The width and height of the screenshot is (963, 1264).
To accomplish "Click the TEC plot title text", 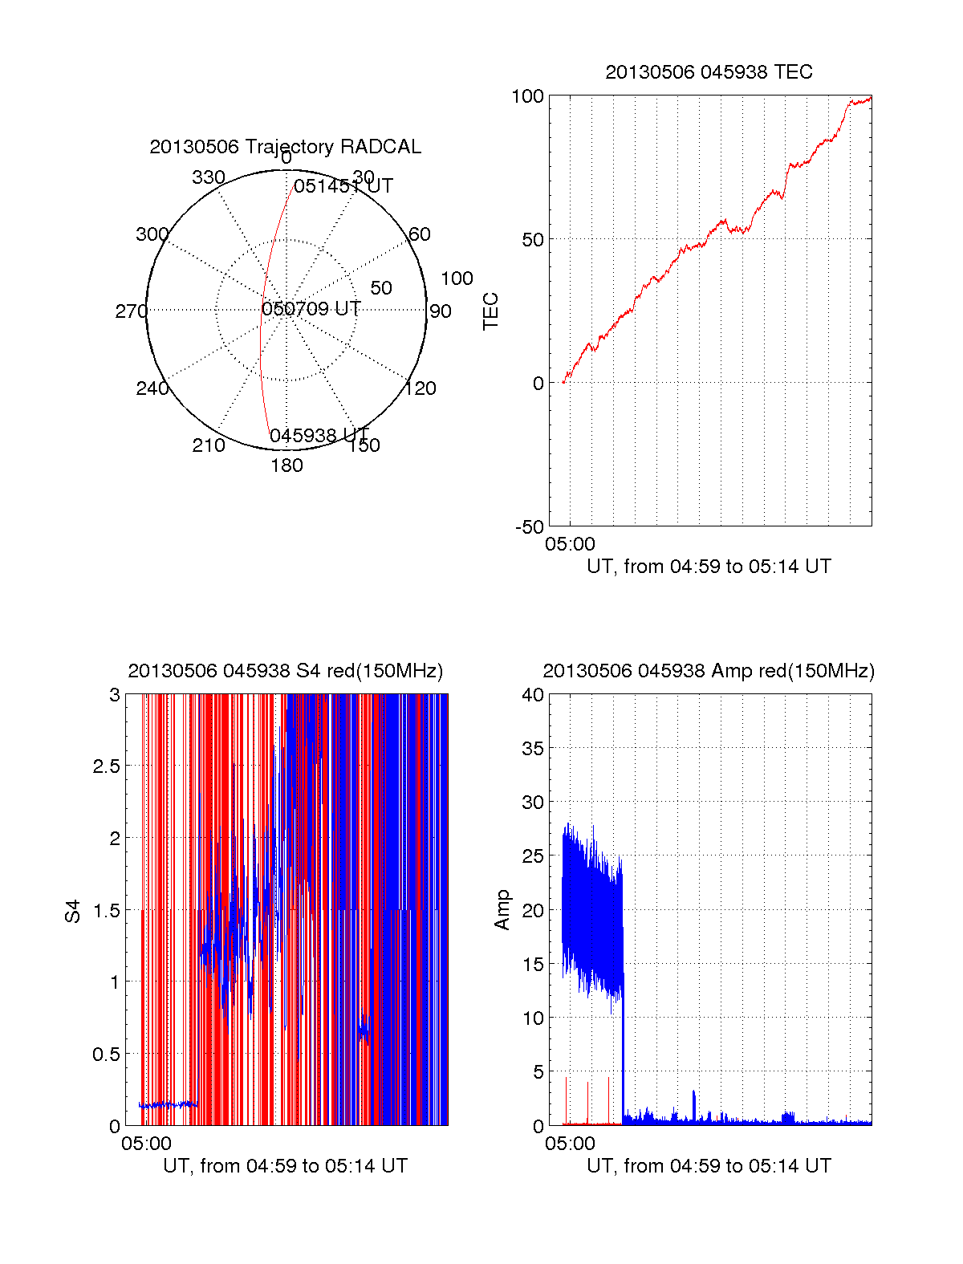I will click(709, 72).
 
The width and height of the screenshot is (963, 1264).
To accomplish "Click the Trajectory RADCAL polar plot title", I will click(285, 147).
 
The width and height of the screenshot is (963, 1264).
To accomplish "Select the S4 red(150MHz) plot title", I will click(285, 671).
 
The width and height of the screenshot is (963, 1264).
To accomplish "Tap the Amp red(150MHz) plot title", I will click(709, 671).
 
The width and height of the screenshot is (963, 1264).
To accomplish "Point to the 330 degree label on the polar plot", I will click(209, 177).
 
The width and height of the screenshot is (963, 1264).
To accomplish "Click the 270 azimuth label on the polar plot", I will click(131, 311).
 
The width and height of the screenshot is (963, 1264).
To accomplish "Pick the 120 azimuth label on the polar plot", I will click(421, 388).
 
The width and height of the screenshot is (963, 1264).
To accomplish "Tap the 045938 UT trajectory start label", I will click(319, 436).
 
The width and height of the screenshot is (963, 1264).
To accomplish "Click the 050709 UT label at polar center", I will click(311, 309).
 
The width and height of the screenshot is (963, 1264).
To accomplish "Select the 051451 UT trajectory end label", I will click(343, 186).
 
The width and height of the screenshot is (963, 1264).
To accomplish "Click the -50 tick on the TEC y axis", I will click(530, 527).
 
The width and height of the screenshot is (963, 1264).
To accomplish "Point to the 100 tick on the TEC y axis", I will click(527, 96).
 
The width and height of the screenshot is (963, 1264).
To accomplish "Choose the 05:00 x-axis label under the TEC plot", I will click(570, 544).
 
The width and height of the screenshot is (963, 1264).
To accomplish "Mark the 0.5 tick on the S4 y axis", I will click(106, 1055).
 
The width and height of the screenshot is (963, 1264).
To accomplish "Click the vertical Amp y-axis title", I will click(502, 910).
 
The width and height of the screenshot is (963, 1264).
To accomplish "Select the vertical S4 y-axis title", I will click(73, 911).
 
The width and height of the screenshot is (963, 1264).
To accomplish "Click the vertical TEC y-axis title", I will click(490, 311).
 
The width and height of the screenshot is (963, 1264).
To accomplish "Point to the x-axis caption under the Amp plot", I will click(709, 1166).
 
